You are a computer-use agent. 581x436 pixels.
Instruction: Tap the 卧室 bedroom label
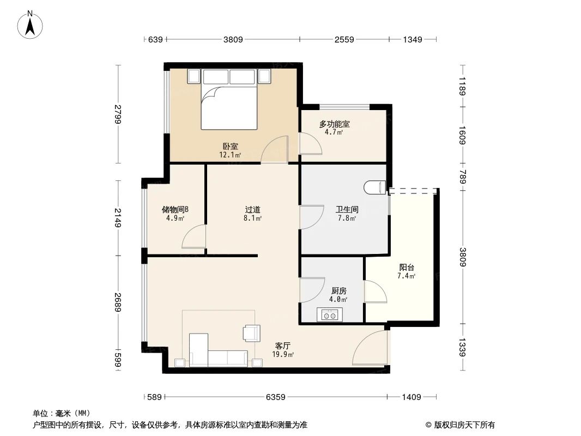230,146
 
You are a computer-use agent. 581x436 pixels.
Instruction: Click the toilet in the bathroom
374,187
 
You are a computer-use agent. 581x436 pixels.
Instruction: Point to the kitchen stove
329,314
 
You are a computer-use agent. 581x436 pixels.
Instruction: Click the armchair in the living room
251,332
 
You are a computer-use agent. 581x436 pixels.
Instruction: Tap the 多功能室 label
334,124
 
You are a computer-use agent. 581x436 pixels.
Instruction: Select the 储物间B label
175,209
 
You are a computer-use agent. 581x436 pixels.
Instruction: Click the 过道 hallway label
252,209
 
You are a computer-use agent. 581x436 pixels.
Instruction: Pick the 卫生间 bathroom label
347,209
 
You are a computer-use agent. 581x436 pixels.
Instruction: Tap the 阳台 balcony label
407,268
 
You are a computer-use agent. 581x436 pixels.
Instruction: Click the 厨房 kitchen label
338,291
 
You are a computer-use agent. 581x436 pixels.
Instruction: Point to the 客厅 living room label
282,346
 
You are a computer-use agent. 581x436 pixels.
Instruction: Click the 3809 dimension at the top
233,39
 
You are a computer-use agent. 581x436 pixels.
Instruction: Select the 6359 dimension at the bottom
276,397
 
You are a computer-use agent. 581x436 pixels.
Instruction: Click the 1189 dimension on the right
462,86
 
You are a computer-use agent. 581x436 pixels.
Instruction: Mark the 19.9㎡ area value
283,355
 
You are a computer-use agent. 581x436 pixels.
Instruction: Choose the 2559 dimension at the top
344,39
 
